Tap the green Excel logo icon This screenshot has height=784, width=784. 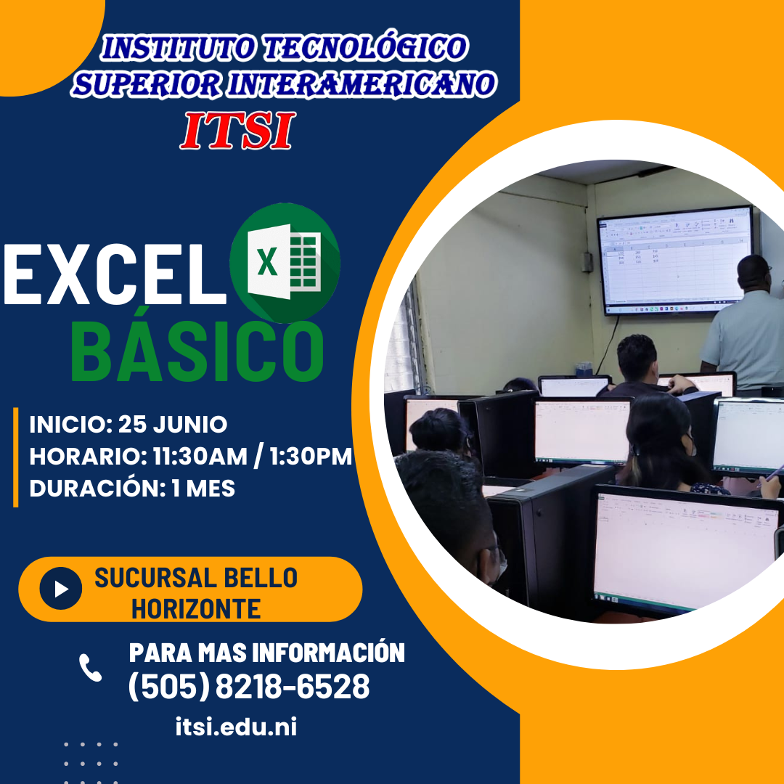pos(285,263)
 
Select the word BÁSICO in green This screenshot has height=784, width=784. pos(197,352)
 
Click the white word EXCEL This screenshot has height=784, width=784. pos(115,274)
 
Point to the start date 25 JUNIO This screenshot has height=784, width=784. pos(173,425)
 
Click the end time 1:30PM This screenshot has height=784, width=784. pos(311,457)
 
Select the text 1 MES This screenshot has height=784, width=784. pos(203,489)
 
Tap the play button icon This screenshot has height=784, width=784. pos(61,589)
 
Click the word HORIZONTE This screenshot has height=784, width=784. pos(196,609)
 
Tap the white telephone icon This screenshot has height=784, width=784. pos(91,668)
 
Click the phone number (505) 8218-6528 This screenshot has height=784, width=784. pos(249,687)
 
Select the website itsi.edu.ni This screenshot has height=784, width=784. pos(236,727)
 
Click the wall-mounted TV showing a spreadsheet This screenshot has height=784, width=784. pos(675,260)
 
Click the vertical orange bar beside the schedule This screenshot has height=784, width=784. pos(15,457)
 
